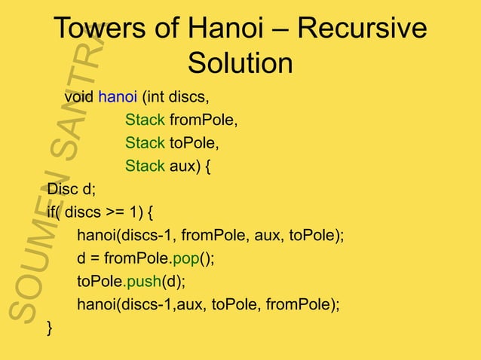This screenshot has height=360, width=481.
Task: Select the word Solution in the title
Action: click(240, 63)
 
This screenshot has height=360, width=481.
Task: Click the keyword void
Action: click(79, 98)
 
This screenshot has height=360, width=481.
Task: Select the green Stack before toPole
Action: click(145, 143)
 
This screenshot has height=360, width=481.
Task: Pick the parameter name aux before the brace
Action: click(184, 166)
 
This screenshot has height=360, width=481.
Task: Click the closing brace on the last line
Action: click(50, 328)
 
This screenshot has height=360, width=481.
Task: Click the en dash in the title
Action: click(284, 30)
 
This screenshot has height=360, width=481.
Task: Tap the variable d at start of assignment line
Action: click(81, 258)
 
